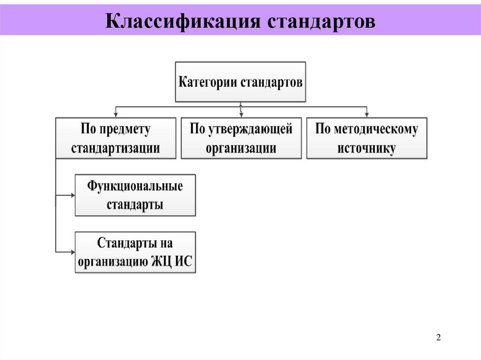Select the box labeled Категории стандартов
pos(240,82)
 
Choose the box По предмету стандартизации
pos(116,138)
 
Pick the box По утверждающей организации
pos(241,138)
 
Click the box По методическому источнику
pos(367,138)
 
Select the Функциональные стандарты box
pos(135,195)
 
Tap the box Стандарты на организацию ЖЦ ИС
pos(135,252)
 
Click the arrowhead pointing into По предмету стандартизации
pos(116,115)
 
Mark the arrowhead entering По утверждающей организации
pos(241,115)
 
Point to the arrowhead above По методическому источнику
pos(367,115)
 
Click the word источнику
pos(367,148)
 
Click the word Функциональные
pos(135,186)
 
